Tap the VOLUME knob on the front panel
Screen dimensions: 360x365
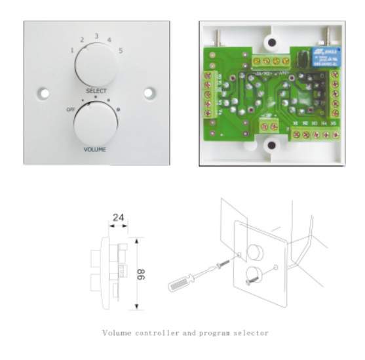(95, 124)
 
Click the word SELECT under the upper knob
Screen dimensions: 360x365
(96, 90)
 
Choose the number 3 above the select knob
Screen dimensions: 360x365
(96, 35)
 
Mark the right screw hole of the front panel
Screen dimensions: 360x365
(149, 94)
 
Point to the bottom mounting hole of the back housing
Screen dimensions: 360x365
(269, 150)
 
